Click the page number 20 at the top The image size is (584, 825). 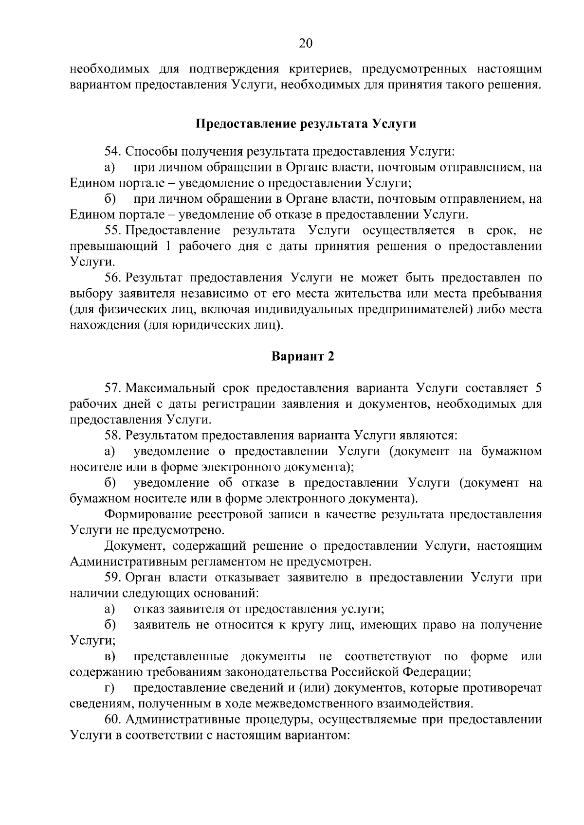(306, 44)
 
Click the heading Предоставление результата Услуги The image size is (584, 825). (306, 124)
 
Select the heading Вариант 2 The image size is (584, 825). (303, 356)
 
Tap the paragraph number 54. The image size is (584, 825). (113, 152)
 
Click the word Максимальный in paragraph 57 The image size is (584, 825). (170, 388)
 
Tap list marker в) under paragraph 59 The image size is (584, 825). (109, 657)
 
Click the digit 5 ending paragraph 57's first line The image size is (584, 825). (538, 388)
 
